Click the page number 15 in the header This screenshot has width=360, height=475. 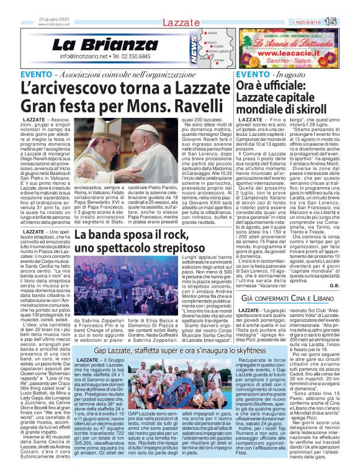pos(347,22)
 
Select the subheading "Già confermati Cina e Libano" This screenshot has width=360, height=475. pos(289,317)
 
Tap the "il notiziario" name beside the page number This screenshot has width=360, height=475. pos(322,22)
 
